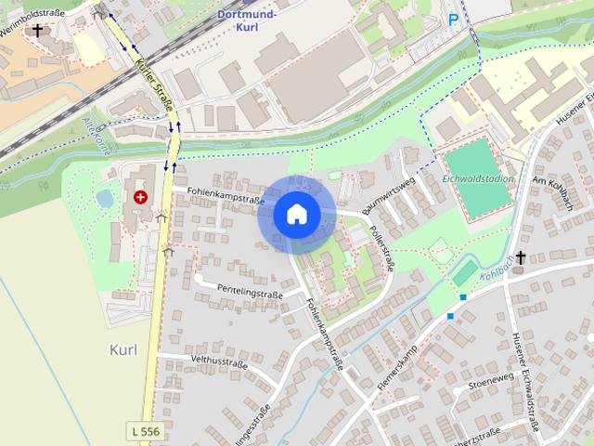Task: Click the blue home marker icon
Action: click(x=297, y=215)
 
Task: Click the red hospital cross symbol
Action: click(x=140, y=197)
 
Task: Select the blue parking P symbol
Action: click(x=454, y=19)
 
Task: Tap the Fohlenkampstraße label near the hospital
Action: click(x=221, y=198)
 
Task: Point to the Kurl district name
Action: click(x=123, y=348)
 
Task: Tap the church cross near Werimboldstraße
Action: click(x=37, y=31)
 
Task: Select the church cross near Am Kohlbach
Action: click(x=521, y=256)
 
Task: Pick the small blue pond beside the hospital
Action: click(x=105, y=199)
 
